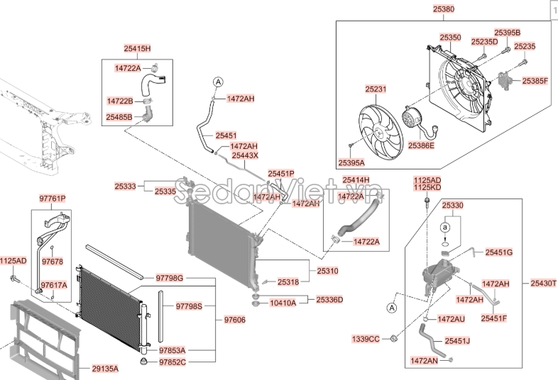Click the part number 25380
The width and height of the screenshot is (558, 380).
[x=443, y=11]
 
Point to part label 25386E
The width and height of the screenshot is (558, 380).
[x=421, y=145]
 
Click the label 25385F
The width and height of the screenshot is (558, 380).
[x=535, y=82]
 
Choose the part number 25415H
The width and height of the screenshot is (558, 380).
[x=137, y=49]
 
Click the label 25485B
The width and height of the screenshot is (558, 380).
[x=119, y=116]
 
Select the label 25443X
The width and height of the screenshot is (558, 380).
[x=246, y=155]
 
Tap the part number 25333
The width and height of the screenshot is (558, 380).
[x=125, y=186]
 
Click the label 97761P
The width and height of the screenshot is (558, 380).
[x=51, y=198]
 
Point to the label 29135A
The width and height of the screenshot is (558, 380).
[x=105, y=369]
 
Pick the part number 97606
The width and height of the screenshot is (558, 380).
[x=234, y=320]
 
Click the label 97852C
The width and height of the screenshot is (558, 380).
[x=172, y=362]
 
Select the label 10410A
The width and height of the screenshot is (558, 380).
[x=283, y=301]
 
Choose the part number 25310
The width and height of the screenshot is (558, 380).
[x=328, y=271]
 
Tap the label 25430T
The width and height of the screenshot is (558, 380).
[x=544, y=283]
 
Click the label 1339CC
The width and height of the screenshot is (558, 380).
[x=366, y=339]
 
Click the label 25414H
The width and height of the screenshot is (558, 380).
[x=356, y=179]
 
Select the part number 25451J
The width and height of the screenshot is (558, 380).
[x=458, y=341]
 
